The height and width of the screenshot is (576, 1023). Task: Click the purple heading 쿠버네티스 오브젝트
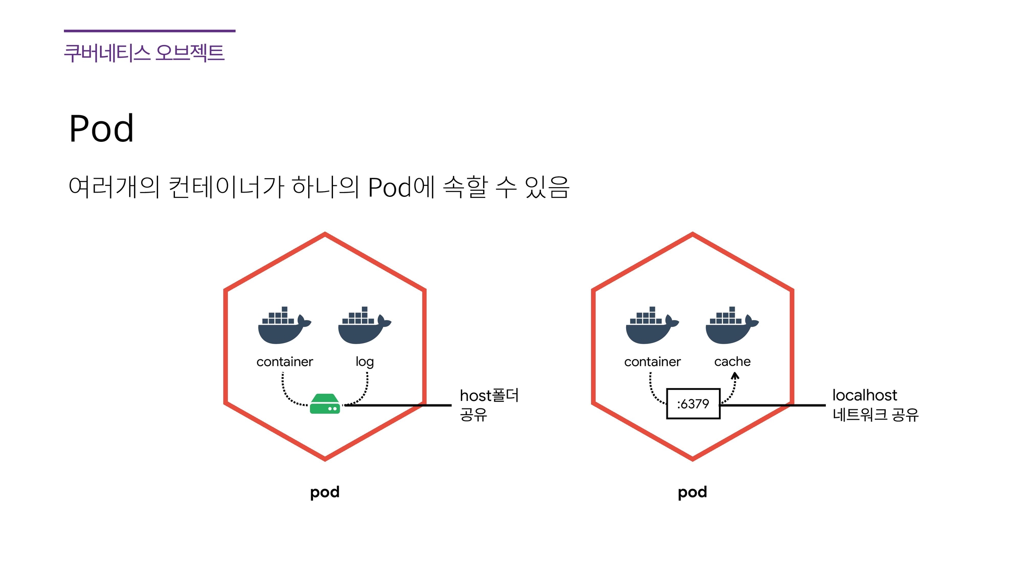(144, 52)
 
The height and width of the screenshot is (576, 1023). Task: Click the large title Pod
(101, 128)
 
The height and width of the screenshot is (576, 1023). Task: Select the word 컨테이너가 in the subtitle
(226, 187)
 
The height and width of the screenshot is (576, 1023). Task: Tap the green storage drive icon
(325, 404)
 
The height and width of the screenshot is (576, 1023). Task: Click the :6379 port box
(693, 404)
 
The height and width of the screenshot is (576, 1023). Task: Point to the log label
(365, 362)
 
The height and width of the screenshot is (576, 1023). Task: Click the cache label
(732, 361)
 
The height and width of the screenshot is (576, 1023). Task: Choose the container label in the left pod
(285, 362)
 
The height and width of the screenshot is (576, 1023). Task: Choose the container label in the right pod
(652, 362)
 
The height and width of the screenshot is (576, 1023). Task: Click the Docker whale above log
(364, 326)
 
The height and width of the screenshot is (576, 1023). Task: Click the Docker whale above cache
(731, 326)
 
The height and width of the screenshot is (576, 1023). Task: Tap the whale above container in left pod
(284, 326)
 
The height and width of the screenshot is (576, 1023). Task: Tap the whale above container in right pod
(651, 326)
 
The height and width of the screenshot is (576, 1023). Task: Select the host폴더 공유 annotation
(488, 404)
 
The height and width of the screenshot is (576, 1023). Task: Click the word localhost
(864, 395)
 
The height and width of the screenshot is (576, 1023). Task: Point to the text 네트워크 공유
(875, 415)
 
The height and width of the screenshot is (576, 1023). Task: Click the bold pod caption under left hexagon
(325, 492)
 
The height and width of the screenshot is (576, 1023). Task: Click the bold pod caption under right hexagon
(692, 492)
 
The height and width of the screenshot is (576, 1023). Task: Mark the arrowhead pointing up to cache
(735, 376)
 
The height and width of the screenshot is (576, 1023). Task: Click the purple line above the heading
(150, 31)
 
